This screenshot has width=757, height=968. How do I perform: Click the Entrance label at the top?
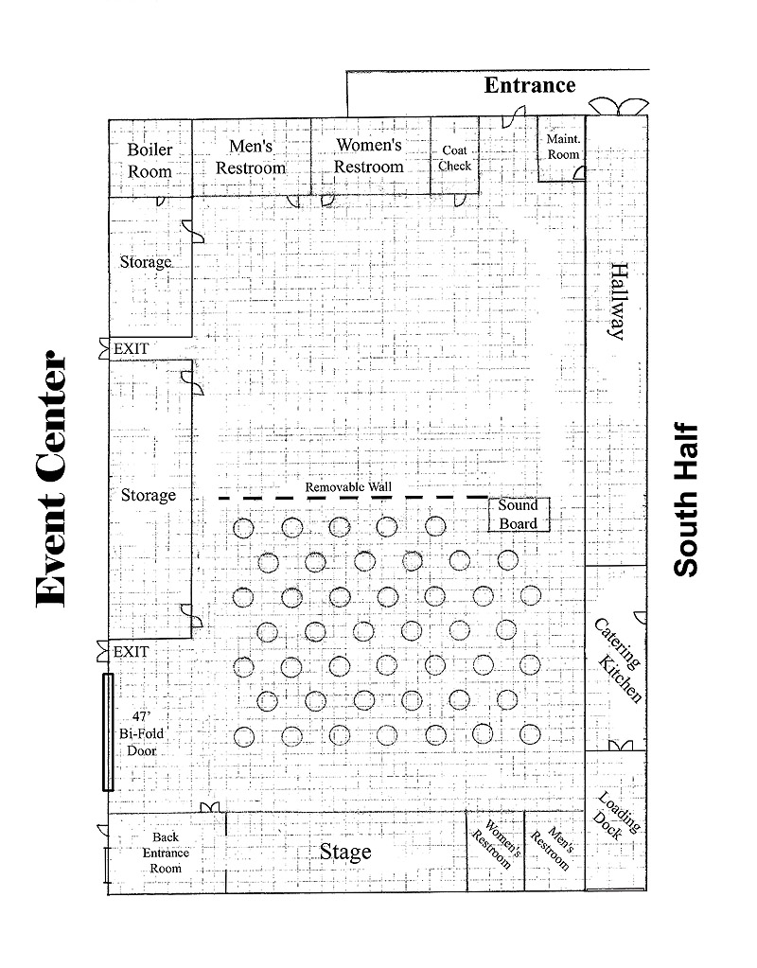point(530,85)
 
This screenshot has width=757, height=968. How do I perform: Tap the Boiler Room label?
point(150,161)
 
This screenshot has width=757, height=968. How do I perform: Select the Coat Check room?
point(455,155)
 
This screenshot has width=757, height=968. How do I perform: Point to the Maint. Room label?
point(563,147)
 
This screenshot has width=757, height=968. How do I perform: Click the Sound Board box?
point(519,515)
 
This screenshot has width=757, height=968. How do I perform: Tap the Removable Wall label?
point(348,487)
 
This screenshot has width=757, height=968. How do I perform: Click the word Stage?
point(345,852)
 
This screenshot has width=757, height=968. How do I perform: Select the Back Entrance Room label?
point(167,853)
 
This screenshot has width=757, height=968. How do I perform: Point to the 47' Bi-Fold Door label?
point(141,733)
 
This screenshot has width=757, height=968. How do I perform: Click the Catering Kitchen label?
point(619,660)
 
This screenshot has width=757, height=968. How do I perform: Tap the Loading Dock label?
point(617,815)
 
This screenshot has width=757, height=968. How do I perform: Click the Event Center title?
point(51,479)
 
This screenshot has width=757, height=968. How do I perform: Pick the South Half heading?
point(686,500)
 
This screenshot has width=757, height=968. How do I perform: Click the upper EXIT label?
point(131,349)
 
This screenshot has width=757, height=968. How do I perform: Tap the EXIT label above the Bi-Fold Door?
point(131,652)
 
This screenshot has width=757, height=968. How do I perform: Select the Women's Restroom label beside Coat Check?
point(369,155)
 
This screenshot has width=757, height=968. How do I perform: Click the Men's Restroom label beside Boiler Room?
point(251,157)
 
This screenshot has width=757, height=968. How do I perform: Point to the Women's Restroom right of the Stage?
point(497,844)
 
